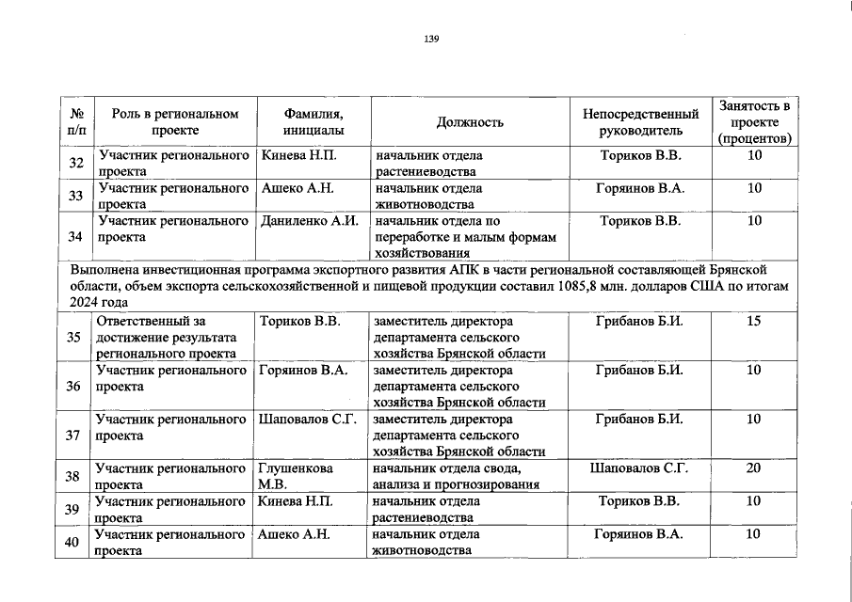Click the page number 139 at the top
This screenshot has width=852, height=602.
point(432,39)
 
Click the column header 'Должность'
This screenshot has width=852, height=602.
point(470,122)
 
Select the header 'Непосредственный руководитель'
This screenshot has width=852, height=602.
point(640,122)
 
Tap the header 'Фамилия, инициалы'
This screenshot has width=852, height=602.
point(313,122)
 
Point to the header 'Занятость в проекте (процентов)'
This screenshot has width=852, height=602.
point(753,122)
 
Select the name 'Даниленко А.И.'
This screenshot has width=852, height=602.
point(310,222)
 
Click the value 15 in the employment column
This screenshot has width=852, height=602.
point(753,322)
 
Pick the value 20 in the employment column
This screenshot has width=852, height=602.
point(753,467)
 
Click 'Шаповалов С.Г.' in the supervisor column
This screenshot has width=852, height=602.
point(639,467)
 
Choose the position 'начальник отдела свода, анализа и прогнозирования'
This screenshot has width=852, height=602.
point(456,476)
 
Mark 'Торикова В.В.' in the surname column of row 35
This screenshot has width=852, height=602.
point(299,322)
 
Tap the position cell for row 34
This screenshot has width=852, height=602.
point(465,236)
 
